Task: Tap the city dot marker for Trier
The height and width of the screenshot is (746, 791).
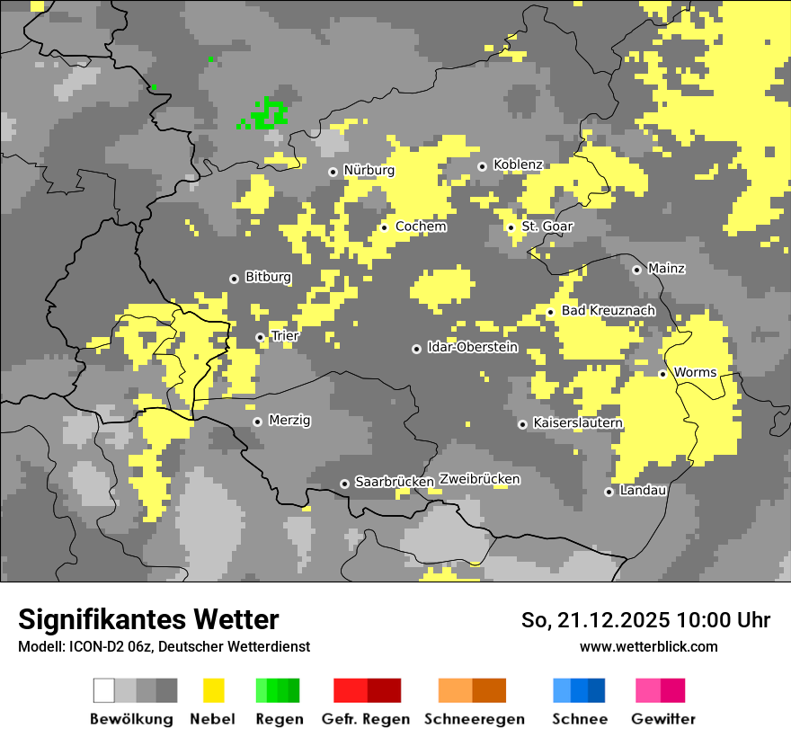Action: coord(261,337)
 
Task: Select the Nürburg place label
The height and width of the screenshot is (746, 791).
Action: coord(369,170)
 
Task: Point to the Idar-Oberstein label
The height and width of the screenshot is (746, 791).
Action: coord(473,347)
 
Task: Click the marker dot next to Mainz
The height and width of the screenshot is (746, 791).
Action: coord(636,270)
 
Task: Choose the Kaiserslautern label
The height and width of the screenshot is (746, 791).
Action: coord(577,422)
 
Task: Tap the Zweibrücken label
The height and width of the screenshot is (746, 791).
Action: coord(480,479)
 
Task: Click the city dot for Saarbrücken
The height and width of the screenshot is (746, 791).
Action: coord(344,484)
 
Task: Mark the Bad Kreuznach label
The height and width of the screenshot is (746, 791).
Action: coord(608,310)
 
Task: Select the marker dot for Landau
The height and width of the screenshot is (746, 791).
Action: coord(609,492)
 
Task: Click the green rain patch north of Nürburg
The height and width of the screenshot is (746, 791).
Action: coord(267,114)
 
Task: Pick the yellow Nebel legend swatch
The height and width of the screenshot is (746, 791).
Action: coord(214,690)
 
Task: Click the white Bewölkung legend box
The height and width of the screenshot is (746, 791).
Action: coord(104,690)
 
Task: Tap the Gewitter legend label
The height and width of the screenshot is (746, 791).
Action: coord(663,719)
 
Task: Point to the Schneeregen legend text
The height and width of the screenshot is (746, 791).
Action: coord(474,719)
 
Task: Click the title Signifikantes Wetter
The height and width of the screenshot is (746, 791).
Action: coord(148,619)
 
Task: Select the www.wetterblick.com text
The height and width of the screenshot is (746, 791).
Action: coord(648,646)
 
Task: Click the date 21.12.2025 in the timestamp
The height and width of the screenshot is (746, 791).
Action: coord(613,620)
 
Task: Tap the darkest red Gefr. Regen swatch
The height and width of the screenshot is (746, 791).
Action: coord(385,690)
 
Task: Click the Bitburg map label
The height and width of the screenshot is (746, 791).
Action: coord(268,277)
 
